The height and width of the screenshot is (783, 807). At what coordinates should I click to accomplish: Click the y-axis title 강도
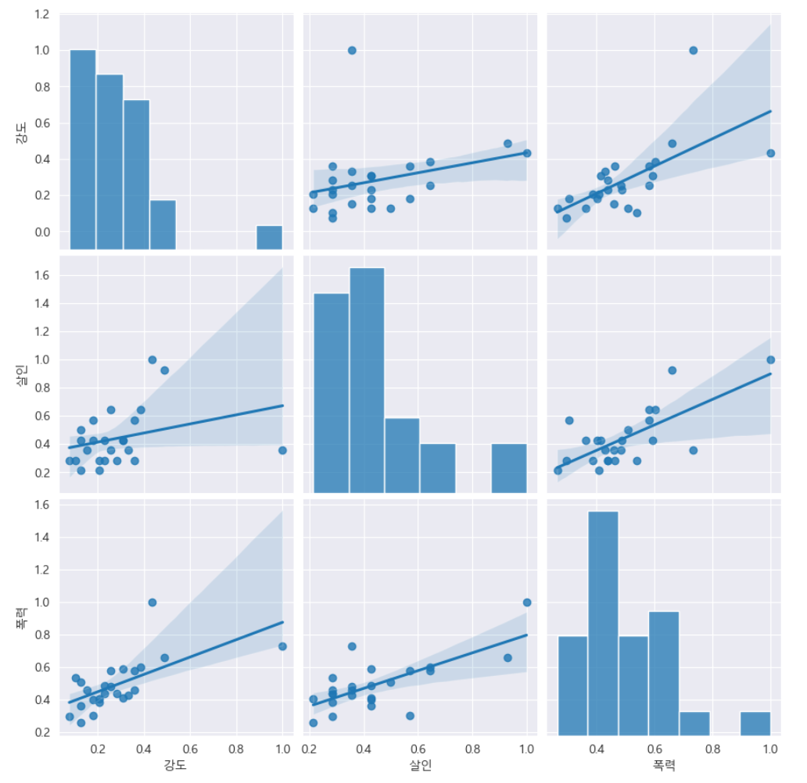pyautogui.click(x=21, y=131)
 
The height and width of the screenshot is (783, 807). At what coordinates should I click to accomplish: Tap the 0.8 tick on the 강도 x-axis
pyautogui.click(x=236, y=748)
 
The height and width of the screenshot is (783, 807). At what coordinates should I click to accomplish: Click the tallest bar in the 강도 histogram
pyautogui.click(x=83, y=148)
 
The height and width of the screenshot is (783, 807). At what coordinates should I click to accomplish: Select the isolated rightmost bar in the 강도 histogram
pyautogui.click(x=269, y=237)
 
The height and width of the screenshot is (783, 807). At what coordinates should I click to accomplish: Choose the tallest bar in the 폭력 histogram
pyautogui.click(x=603, y=621)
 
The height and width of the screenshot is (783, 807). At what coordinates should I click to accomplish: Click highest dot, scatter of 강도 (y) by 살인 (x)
pyautogui.click(x=352, y=50)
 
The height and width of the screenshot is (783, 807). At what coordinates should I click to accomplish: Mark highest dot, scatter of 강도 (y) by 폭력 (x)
pyautogui.click(x=693, y=50)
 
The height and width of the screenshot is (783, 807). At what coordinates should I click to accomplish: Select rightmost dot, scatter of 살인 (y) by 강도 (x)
pyautogui.click(x=282, y=450)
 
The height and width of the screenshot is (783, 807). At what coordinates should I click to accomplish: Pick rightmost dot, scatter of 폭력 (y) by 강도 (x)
pyautogui.click(x=282, y=646)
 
